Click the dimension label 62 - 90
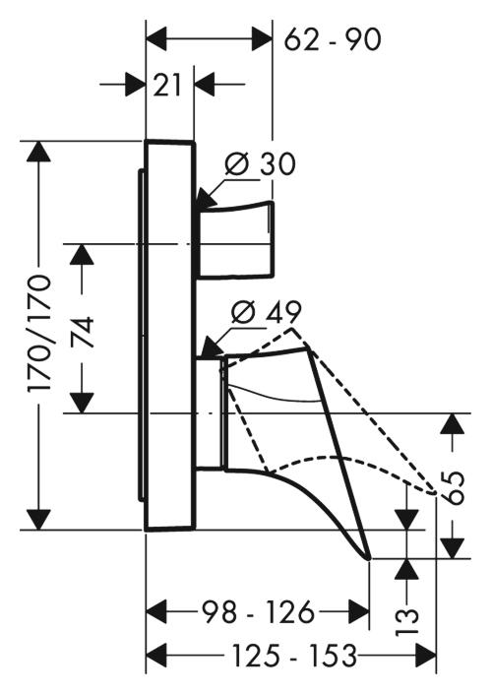pyautogui.click(x=333, y=39)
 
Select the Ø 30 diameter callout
pyautogui.click(x=260, y=163)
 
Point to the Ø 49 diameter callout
pyautogui.click(x=267, y=312)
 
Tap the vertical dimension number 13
pyautogui.click(x=406, y=621)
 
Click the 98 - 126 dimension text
pyautogui.click(x=259, y=612)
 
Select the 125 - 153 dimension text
pyautogui.click(x=294, y=656)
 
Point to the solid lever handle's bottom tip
pyautogui.click(x=369, y=558)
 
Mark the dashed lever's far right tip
pyautogui.click(x=435, y=492)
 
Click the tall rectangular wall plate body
pyautogui.click(x=170, y=336)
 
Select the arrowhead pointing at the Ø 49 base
pyautogui.click(x=212, y=347)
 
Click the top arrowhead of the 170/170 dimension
pyautogui.click(x=39, y=153)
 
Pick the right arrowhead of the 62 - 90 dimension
pyautogui.click(x=261, y=38)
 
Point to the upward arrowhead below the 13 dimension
pyautogui.click(x=406, y=570)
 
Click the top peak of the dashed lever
pyautogui.click(x=292, y=328)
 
